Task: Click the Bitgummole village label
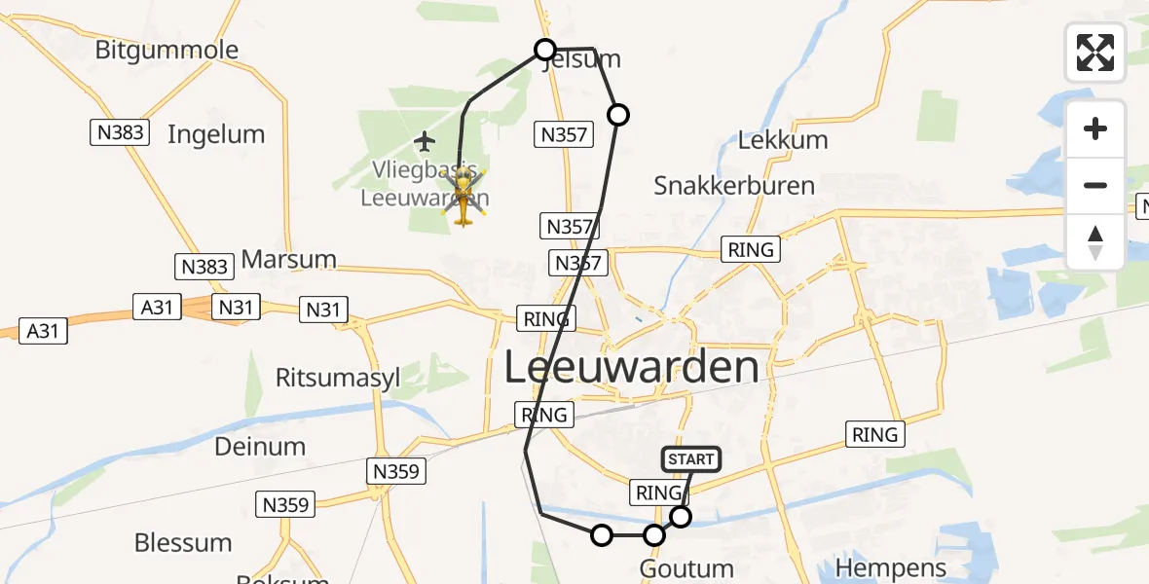[167, 50]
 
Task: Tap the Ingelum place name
[216, 134]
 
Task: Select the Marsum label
[288, 260]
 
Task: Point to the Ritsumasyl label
[338, 379]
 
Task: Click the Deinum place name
[260, 447]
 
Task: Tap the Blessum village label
[183, 542]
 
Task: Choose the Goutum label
[686, 568]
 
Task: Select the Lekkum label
[783, 140]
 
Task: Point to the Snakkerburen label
[734, 185]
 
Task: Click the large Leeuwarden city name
[632, 368]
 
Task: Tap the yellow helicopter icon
[463, 196]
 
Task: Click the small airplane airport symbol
[425, 142]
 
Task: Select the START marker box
[691, 459]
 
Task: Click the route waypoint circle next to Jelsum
[545, 50]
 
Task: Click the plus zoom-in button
[1095, 129]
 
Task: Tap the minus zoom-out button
[1095, 185]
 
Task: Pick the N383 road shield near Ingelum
[121, 133]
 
